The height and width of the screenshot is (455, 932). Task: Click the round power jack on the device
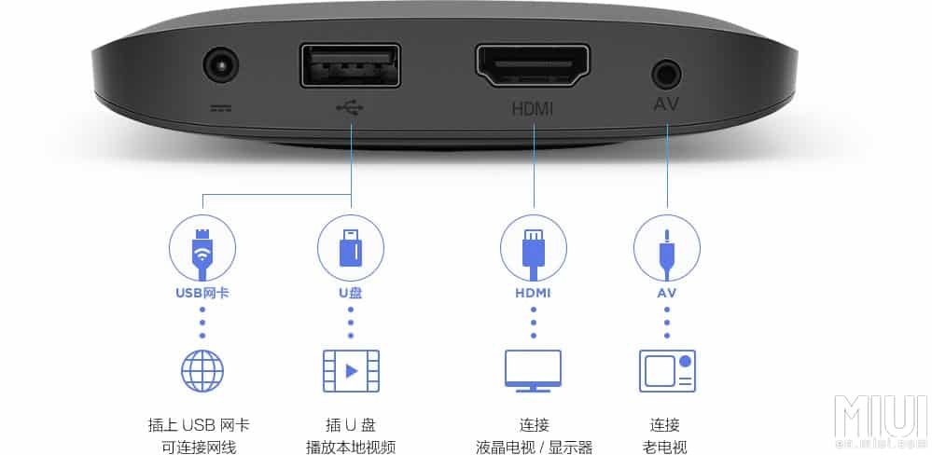point(221,67)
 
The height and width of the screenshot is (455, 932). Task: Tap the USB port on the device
point(350,67)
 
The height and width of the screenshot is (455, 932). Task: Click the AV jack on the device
point(666,73)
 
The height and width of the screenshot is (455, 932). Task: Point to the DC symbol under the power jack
point(221,107)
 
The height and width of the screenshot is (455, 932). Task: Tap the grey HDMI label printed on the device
point(533,108)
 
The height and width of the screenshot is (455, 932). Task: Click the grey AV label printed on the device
point(666,104)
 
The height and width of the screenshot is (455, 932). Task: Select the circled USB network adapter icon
point(202,248)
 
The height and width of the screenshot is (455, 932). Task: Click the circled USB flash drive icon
point(351,248)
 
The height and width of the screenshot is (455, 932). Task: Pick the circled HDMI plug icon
point(534,248)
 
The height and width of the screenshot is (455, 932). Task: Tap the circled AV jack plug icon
point(667,248)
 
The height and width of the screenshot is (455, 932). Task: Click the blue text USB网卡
point(202,293)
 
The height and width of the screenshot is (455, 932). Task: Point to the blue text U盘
point(351,293)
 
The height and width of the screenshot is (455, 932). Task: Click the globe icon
point(202,370)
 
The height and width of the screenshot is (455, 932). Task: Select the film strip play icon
point(351,370)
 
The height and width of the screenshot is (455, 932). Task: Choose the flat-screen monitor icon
point(533,370)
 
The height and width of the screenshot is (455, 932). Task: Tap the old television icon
point(667,370)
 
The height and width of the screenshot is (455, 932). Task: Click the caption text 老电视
point(666,447)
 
